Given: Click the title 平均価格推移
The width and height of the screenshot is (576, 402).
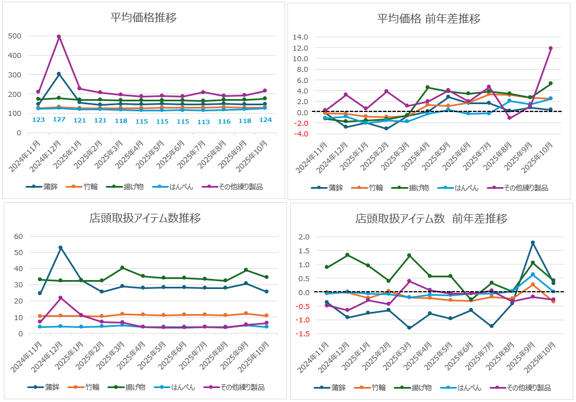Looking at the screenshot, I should [x=144, y=17].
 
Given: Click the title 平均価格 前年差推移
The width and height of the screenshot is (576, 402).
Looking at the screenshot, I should [x=428, y=19].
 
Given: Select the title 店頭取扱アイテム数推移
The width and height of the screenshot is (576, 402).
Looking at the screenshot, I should [x=145, y=218].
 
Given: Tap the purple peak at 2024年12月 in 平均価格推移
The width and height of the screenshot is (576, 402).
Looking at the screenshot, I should [x=58, y=37].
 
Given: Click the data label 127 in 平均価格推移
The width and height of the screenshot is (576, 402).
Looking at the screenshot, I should [x=58, y=120].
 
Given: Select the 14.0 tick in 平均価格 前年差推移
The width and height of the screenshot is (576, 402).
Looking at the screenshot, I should [x=300, y=37].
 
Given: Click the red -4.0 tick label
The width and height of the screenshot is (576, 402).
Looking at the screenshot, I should [x=300, y=134].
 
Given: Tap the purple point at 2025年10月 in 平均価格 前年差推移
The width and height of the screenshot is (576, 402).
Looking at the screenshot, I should [x=550, y=48].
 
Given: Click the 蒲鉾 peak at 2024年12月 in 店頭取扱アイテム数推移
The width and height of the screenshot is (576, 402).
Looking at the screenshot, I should [x=60, y=248].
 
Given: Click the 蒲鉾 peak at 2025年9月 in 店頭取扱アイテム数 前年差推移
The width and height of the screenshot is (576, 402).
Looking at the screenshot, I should [x=533, y=243].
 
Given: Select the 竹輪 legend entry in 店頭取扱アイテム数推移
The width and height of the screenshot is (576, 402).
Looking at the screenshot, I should [x=82, y=387].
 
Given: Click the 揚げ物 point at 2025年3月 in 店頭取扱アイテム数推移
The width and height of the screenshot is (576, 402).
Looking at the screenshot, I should [x=122, y=268].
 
